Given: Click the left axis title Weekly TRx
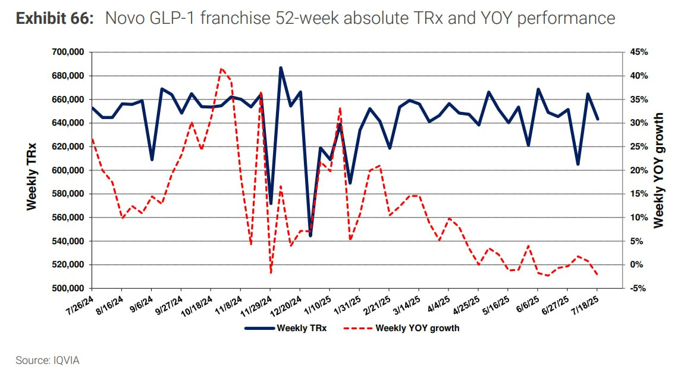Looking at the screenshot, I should coord(32,176).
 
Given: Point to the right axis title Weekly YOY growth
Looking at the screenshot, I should coord(658,170).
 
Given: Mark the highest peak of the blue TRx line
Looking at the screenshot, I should coord(280,68).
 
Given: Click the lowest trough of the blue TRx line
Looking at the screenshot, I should coord(310,236).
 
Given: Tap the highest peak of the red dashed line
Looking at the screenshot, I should coord(221,68).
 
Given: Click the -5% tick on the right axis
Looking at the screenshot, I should coord(639,288).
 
